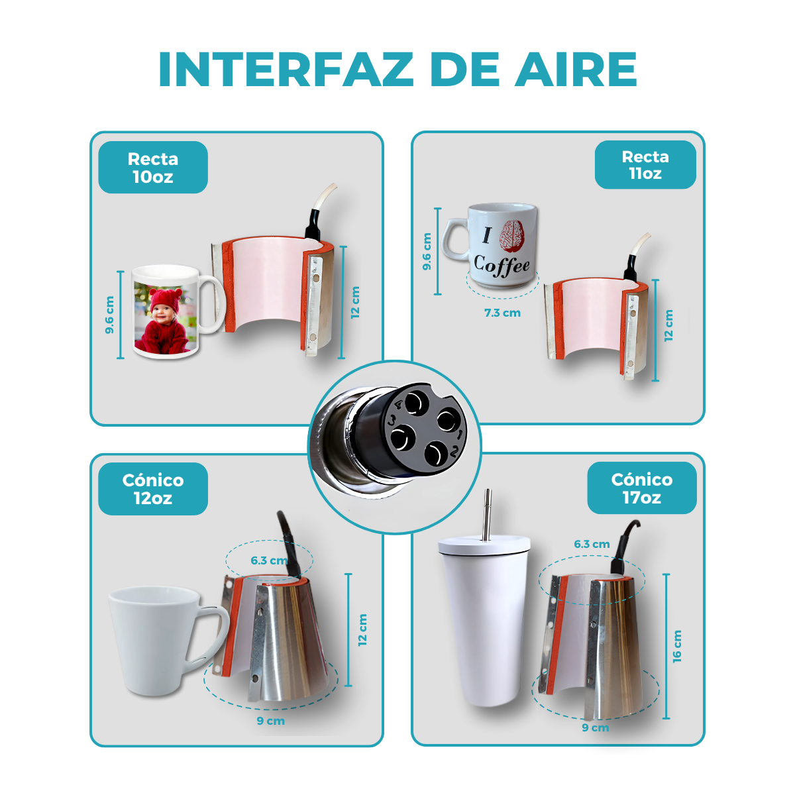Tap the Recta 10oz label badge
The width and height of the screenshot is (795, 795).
tap(153, 168)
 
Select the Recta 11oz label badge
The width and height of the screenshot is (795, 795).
tap(645, 165)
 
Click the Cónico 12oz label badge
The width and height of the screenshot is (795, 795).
tap(153, 489)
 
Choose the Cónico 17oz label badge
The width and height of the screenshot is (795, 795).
tap(641, 488)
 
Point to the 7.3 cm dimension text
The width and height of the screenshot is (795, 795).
tap(502, 313)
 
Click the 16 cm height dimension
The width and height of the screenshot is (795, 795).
tap(676, 646)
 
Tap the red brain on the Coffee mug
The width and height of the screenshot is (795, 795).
tap(511, 236)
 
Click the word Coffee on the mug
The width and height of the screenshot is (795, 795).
tap(502, 265)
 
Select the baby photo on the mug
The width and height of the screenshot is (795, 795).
tap(165, 318)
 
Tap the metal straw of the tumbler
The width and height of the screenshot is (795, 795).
tap(488, 513)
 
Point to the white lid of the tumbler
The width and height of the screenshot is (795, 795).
tap(484, 546)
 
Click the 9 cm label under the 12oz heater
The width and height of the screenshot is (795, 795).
tap(270, 721)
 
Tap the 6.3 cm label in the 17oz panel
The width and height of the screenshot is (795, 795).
tap(592, 544)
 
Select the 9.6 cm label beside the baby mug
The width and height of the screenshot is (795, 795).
tap(110, 315)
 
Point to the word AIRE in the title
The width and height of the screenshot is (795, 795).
tap(576, 70)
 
